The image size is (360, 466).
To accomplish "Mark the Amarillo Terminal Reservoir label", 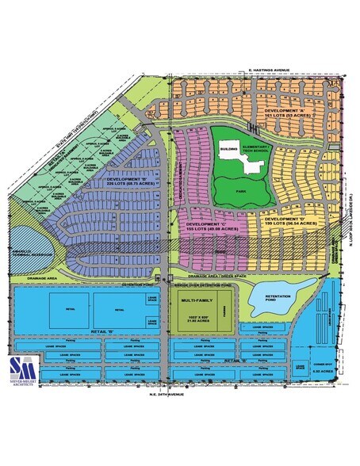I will pyautogui.click(x=27, y=248).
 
